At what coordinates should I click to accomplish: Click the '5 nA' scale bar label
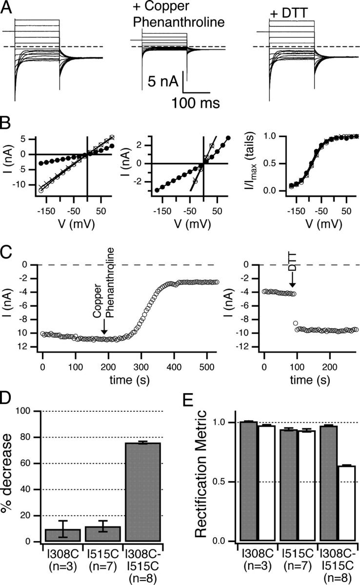pyautogui.click(x=161, y=81)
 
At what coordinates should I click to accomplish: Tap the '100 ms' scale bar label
pyautogui.click(x=195, y=103)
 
